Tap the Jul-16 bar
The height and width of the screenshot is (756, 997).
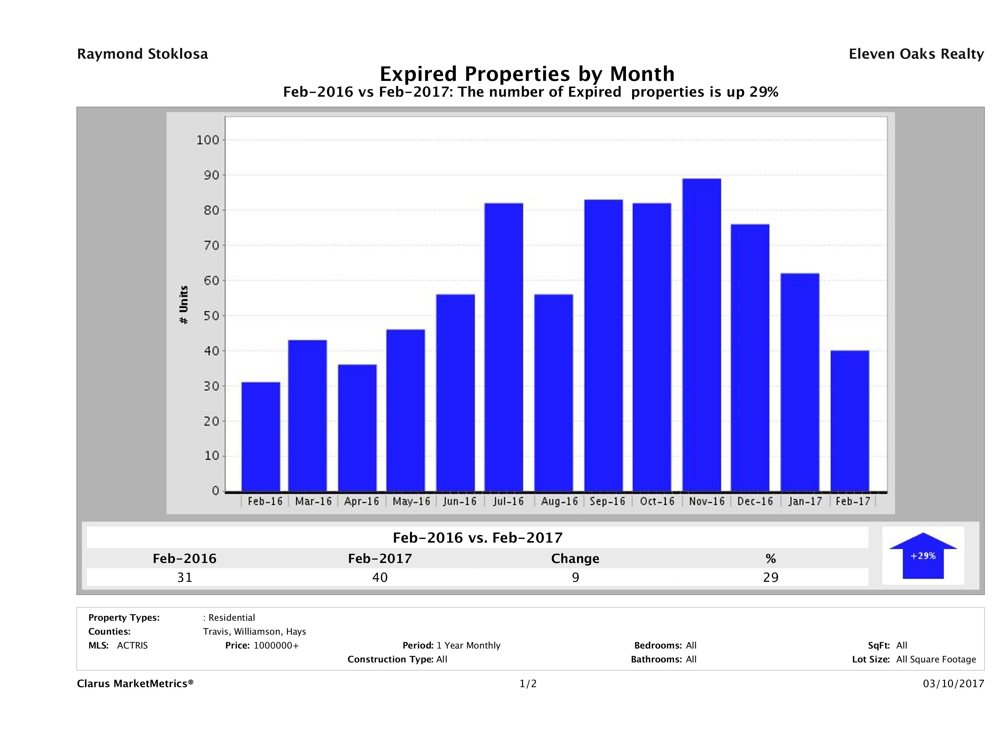click(x=504, y=347)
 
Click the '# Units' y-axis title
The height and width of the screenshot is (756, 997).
click(x=184, y=305)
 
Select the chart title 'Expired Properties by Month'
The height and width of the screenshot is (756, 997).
click(x=527, y=74)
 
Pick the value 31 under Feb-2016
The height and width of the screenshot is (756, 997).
click(x=185, y=577)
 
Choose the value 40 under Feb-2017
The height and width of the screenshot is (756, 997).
click(x=380, y=577)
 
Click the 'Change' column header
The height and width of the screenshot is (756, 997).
click(x=575, y=559)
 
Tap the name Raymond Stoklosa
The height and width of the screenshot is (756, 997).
click(x=142, y=54)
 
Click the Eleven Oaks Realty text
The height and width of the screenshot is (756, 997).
click(x=916, y=54)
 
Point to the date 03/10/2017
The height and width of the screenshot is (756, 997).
click(x=953, y=683)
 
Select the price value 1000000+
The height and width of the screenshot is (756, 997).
click(x=276, y=645)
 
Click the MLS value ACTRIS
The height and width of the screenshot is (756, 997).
click(x=132, y=645)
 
